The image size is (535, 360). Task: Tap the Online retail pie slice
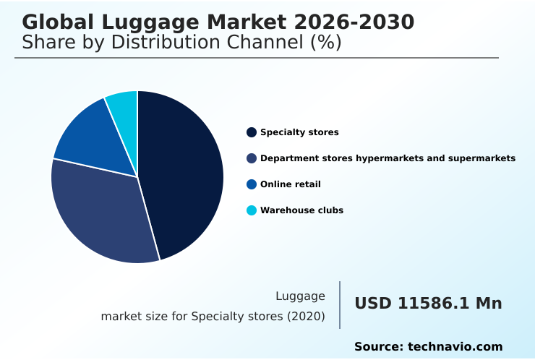click(90, 137)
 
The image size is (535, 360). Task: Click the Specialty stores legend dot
click(252, 132)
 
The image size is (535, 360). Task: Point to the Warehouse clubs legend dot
click(252, 210)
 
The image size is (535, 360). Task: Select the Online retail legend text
click(290, 184)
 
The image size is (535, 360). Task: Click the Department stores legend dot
click(252, 158)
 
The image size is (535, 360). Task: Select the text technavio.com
click(455, 347)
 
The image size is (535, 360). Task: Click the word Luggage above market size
click(300, 296)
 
